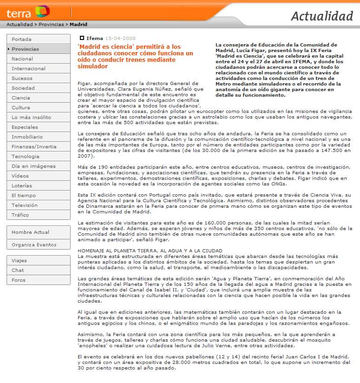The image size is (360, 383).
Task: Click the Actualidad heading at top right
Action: coord(322,16)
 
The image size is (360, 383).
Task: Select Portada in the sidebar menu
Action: coord(22,39)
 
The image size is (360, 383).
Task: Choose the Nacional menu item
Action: coord(22,59)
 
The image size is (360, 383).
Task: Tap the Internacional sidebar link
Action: coord(28,69)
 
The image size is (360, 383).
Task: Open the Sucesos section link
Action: coord(22,79)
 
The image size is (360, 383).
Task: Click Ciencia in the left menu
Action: coord(21,98)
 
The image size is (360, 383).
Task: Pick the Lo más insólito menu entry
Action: coord(31,118)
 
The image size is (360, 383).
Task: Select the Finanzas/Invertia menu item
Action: coord(34,147)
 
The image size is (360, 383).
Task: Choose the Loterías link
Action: coord(22,186)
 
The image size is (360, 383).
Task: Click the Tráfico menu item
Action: coord(20,215)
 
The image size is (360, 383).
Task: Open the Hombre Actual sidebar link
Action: coord(30,232)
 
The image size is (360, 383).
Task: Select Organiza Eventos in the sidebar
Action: coord(34,245)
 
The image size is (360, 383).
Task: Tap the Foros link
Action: coord(19,280)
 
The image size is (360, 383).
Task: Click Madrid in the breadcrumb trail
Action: coord(79,25)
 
